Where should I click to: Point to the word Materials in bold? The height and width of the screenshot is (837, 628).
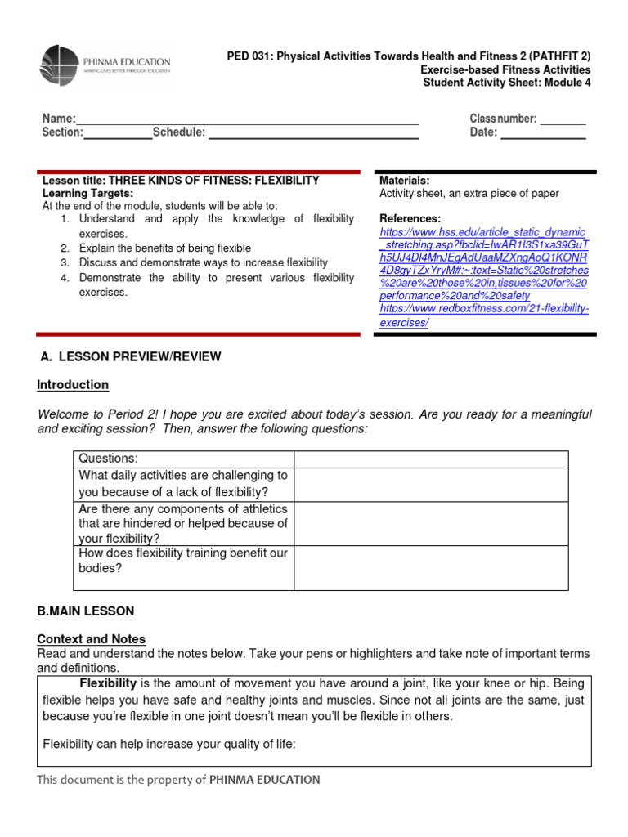(x=404, y=181)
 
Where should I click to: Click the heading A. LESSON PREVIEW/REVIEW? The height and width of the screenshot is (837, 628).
(x=131, y=357)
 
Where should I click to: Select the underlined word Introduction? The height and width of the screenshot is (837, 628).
(x=73, y=385)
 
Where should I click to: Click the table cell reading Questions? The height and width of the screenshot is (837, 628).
(x=108, y=459)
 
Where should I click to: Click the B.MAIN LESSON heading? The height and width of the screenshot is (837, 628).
(x=86, y=611)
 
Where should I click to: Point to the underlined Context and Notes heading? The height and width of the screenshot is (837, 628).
(x=92, y=639)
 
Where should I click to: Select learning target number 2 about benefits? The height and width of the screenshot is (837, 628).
(x=165, y=248)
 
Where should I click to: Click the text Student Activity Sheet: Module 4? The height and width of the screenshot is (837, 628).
(x=505, y=82)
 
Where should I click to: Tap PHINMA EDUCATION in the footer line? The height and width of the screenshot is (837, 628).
(x=264, y=780)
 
